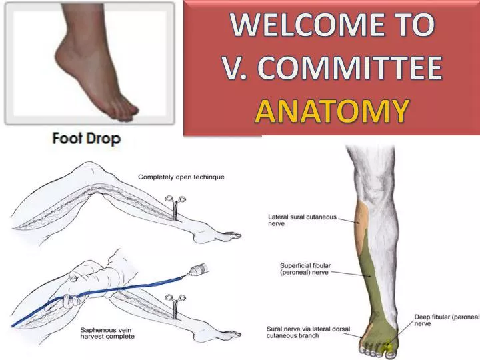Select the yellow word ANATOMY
point(331,111)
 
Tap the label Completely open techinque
point(181,177)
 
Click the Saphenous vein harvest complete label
point(107,333)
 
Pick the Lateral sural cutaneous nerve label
point(302,220)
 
